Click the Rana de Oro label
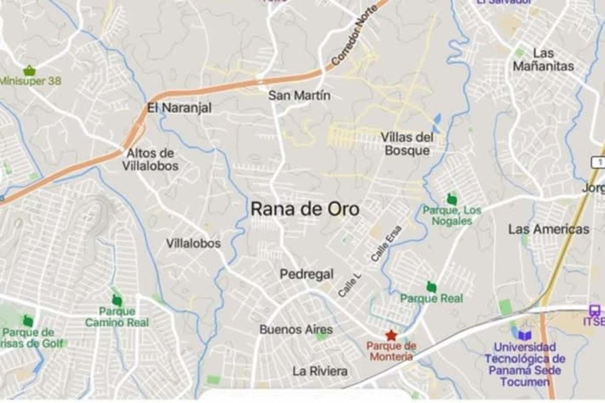pyautogui.click(x=305, y=209)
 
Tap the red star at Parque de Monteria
pyautogui.click(x=390, y=335)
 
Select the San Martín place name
pyautogui.click(x=299, y=95)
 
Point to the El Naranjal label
pyautogui.click(x=179, y=108)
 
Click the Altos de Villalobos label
pyautogui.click(x=150, y=159)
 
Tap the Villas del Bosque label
pyautogui.click(x=407, y=144)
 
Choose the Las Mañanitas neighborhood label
pyautogui.click(x=543, y=59)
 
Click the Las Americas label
pyautogui.click(x=549, y=229)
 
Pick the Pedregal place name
pyautogui.click(x=307, y=275)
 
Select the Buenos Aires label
pyautogui.click(x=296, y=330)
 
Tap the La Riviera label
pyautogui.click(x=320, y=371)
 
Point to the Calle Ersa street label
pyautogui.click(x=386, y=243)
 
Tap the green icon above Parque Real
pyautogui.click(x=431, y=287)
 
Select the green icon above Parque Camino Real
pyautogui.click(x=117, y=301)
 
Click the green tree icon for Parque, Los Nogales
pyautogui.click(x=452, y=199)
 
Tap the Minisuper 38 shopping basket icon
pyautogui.click(x=29, y=71)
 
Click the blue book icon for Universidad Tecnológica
pyautogui.click(x=524, y=335)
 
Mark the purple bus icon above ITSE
pyautogui.click(x=594, y=310)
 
